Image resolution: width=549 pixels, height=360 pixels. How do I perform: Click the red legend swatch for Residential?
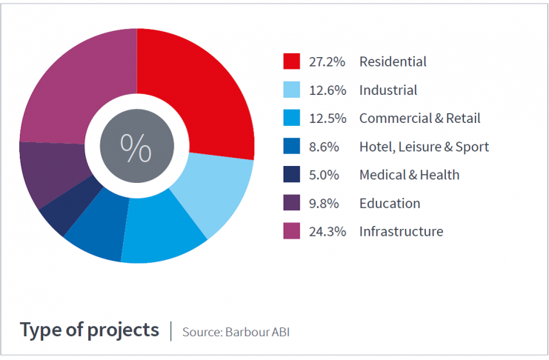[291, 62]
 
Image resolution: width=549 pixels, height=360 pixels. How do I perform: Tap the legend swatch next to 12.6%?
[291, 90]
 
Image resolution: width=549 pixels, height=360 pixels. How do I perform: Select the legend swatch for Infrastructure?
[291, 231]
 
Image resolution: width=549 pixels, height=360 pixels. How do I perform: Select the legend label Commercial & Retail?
[419, 119]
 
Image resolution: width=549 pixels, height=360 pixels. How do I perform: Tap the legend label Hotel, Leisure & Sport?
[424, 147]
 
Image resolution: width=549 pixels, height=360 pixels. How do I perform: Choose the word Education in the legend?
[390, 203]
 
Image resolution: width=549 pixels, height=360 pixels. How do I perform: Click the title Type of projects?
[89, 330]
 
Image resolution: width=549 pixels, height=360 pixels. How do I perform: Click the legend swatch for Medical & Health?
[291, 175]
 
